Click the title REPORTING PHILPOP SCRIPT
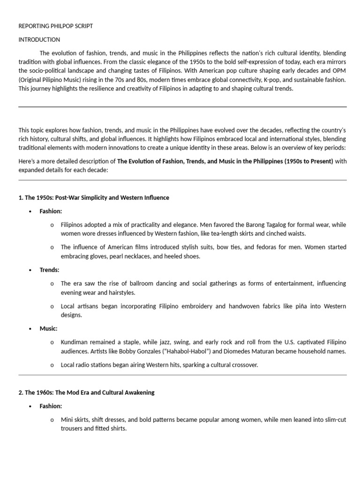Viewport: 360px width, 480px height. click(56, 26)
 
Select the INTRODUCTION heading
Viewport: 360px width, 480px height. click(39, 40)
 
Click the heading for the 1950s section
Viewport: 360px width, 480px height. click(94, 198)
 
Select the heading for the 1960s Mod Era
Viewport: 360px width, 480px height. click(86, 392)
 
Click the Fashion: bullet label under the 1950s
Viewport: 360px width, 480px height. click(51, 211)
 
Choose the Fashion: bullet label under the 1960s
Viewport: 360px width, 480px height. click(51, 406)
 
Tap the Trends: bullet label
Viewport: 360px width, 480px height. click(49, 270)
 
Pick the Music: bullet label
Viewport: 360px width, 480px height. click(48, 329)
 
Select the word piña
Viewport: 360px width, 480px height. click(285, 306)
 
